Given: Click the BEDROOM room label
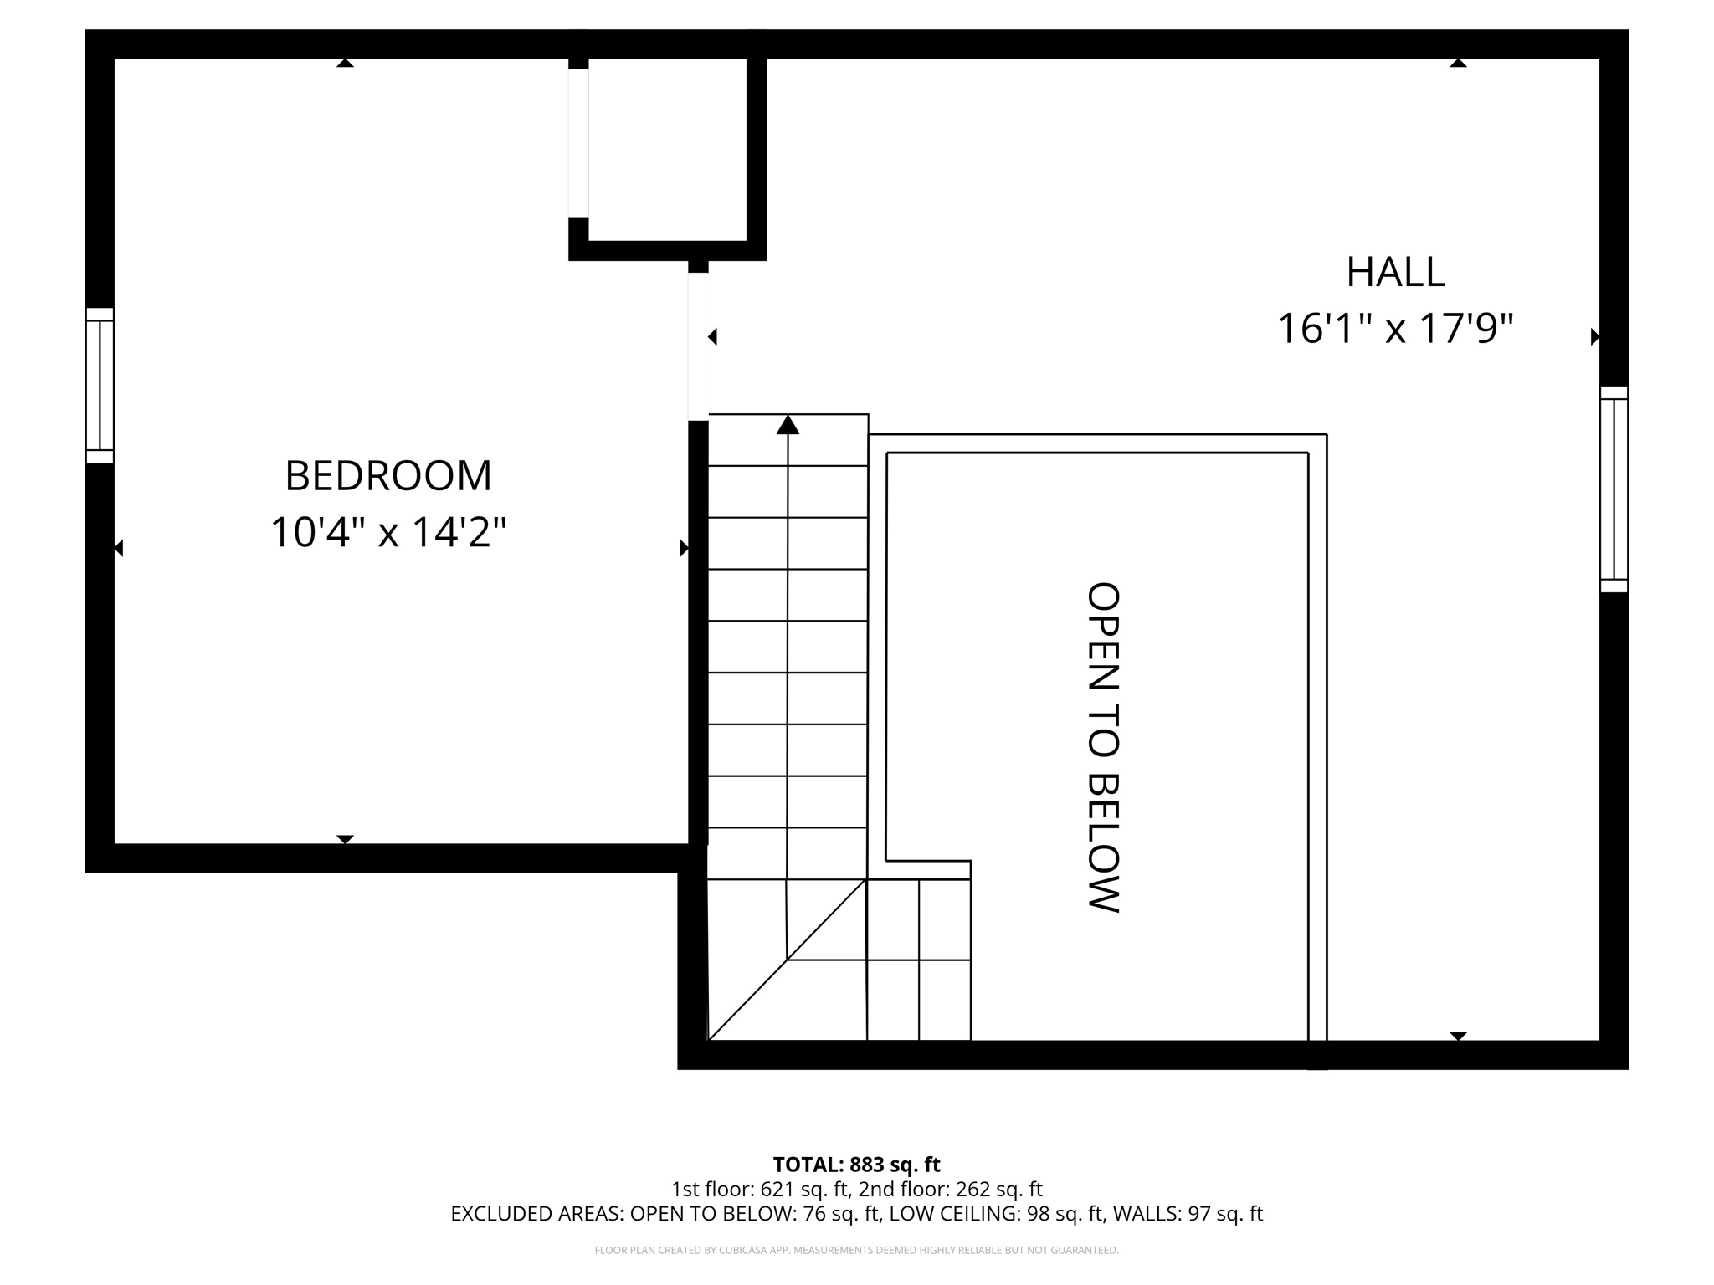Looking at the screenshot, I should point(388,476).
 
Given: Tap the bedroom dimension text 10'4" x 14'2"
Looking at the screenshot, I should point(388,533).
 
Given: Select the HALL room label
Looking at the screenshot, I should point(1395,272).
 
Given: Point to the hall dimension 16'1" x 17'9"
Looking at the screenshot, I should point(1395,329).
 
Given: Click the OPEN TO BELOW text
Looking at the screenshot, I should point(1102,747).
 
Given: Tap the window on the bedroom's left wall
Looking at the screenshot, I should point(100,386).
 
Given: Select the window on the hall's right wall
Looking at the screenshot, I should point(1614,489).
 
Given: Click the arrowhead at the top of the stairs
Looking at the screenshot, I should point(788,425).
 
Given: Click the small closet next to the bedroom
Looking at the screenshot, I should point(667,149).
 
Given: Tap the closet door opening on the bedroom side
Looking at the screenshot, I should point(578,143).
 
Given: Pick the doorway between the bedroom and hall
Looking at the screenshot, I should point(698,346).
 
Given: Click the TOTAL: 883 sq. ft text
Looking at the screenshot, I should point(856,1165).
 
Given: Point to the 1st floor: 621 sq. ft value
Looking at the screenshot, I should point(759,1189).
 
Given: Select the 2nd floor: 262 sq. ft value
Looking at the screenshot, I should point(951,1189).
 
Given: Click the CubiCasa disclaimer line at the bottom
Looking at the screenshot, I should point(856,1251).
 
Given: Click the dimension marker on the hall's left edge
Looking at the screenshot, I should point(713,337).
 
